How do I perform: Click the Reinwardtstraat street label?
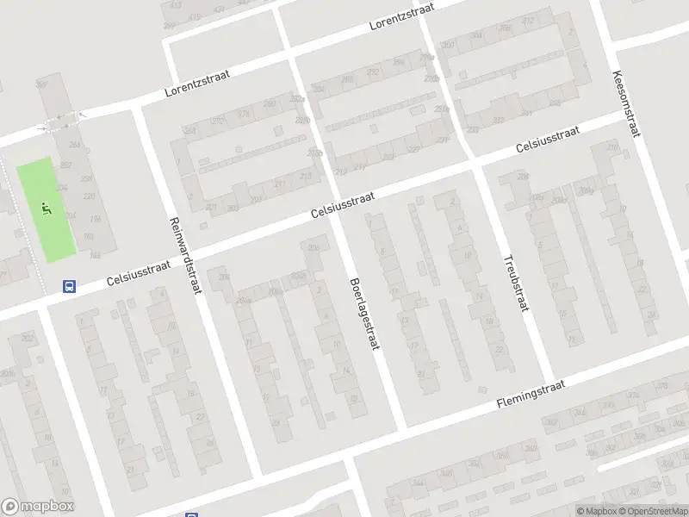tap(185, 255)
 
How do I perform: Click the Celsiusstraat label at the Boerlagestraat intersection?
tap(342, 206)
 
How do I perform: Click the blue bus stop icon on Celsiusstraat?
tap(70, 287)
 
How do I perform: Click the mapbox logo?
tap(38, 507)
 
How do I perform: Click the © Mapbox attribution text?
tap(597, 511)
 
